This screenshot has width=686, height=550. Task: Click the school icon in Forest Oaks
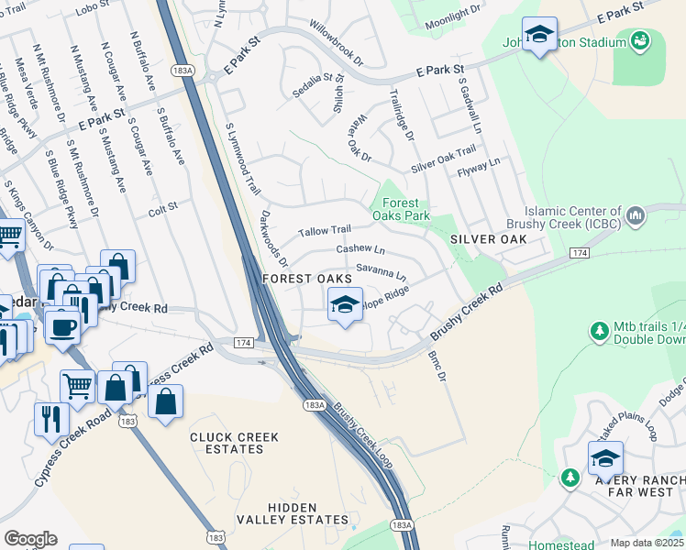344,305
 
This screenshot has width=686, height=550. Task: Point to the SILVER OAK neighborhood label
488,238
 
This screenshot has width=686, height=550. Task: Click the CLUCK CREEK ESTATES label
227,443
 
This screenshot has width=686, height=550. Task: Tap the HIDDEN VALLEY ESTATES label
293,513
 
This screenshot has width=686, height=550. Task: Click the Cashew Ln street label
360,249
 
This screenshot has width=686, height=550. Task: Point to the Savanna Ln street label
381,271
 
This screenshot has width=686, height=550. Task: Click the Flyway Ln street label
483,168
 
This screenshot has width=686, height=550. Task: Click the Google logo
30,539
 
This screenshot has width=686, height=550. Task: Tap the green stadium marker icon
639,40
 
